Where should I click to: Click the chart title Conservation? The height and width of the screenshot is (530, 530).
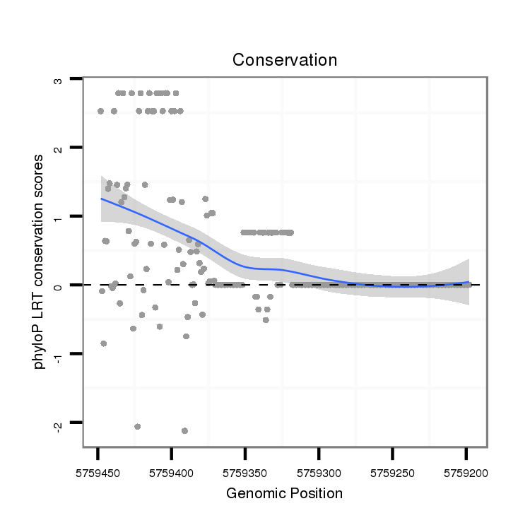[x=285, y=60]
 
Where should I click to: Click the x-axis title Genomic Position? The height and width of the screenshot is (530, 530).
[x=284, y=493]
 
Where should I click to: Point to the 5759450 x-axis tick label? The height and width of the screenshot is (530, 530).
[x=98, y=470]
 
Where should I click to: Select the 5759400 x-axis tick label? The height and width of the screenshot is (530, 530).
[x=172, y=470]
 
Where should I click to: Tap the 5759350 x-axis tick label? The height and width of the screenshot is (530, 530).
[x=245, y=470]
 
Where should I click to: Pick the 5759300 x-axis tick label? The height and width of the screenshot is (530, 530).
[x=319, y=470]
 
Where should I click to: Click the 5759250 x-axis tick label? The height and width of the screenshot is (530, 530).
[x=392, y=470]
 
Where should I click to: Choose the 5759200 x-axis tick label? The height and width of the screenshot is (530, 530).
[x=466, y=470]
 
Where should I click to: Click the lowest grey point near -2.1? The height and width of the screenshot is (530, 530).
[x=184, y=430]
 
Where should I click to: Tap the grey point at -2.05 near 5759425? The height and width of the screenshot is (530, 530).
[x=138, y=426]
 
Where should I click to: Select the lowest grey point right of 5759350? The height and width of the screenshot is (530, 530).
[x=266, y=320]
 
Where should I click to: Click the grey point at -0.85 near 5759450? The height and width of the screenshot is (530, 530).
[x=104, y=343]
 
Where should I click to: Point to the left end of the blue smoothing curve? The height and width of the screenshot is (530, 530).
[x=102, y=199]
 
